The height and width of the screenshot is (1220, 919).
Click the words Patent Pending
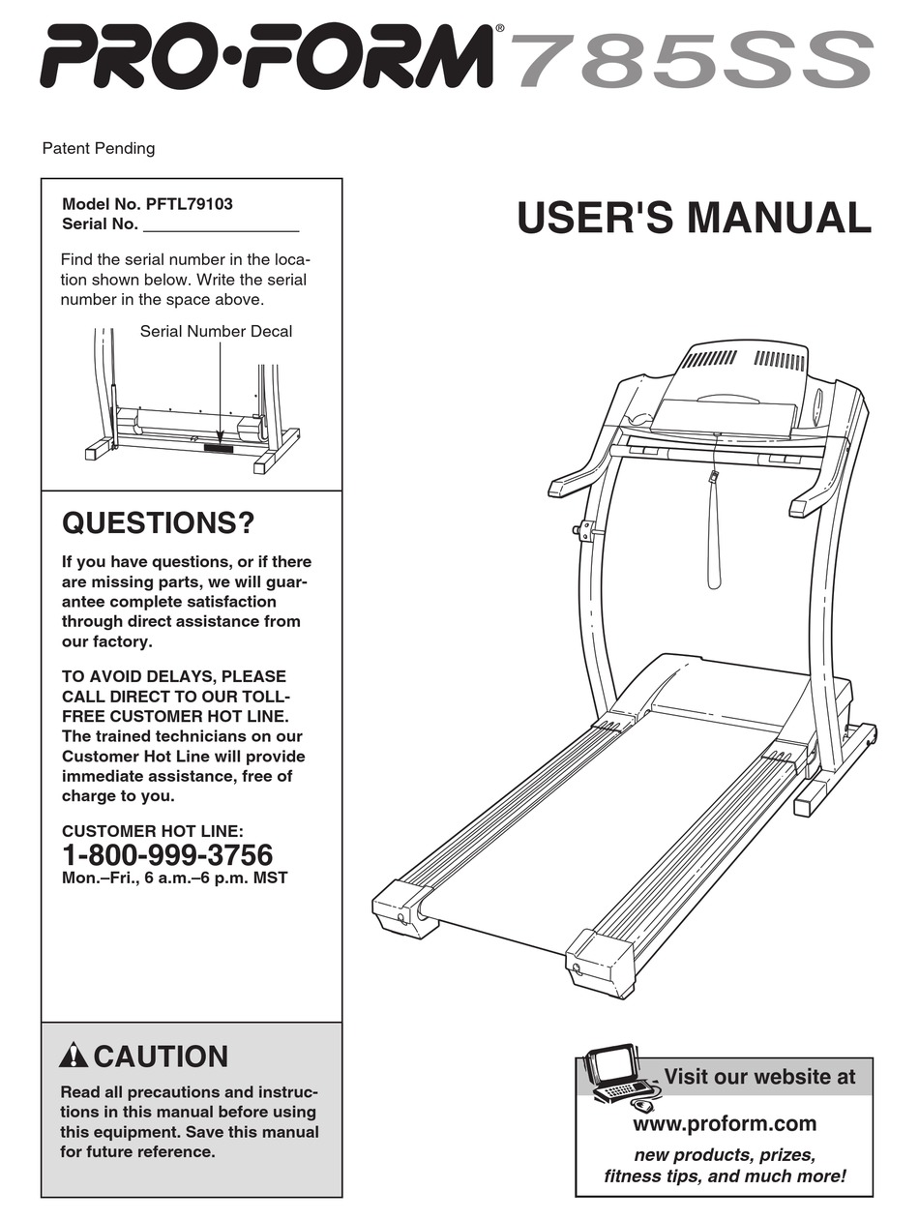(x=99, y=148)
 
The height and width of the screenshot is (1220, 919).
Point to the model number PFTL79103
(x=189, y=204)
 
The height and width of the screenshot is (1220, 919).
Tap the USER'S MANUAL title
(x=694, y=218)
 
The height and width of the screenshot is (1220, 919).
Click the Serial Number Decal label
(x=216, y=331)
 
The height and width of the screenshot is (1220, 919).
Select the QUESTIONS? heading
(x=158, y=523)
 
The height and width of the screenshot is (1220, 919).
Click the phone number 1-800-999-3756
(x=167, y=855)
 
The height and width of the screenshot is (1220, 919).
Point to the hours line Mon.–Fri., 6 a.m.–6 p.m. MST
(x=174, y=878)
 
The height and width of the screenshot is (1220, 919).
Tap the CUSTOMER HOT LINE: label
(x=153, y=830)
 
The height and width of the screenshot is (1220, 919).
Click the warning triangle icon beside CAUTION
(x=74, y=1056)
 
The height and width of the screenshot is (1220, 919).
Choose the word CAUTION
(x=162, y=1056)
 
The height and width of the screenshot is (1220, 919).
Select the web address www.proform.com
(x=725, y=1123)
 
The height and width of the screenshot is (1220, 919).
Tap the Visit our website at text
(x=759, y=1077)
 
